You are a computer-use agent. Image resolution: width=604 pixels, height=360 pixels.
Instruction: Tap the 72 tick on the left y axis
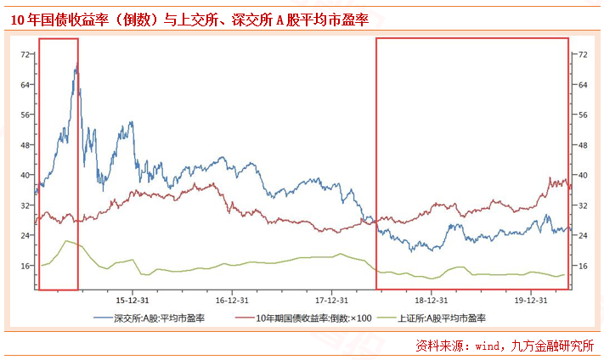click(x=25, y=54)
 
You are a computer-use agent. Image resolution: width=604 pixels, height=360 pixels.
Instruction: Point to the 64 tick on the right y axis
click(x=583, y=84)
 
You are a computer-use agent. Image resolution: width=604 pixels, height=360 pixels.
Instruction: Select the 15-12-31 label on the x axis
click(x=133, y=300)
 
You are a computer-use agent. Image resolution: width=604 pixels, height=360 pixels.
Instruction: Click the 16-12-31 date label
click(x=232, y=300)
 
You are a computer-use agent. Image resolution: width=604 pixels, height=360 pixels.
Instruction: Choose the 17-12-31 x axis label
click(x=331, y=300)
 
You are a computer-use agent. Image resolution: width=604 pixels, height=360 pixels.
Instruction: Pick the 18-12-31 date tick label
click(x=431, y=300)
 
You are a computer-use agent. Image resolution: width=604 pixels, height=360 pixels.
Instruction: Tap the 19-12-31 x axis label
click(x=530, y=300)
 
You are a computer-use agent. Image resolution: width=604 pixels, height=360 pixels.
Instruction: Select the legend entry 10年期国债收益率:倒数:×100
click(x=302, y=318)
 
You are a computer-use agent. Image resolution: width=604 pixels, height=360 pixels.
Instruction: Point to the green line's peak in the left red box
click(x=65, y=241)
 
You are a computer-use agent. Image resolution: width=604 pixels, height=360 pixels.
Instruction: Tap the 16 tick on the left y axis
click(x=25, y=266)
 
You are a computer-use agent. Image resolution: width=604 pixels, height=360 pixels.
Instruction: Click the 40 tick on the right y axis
click(x=583, y=175)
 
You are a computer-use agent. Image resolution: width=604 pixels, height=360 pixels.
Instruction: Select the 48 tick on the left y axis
click(x=25, y=145)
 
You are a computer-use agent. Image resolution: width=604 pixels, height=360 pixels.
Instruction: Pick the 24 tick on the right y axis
click(x=583, y=235)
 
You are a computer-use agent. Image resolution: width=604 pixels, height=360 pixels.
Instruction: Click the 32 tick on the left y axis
click(x=25, y=205)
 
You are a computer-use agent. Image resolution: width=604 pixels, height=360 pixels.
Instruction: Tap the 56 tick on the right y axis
click(x=583, y=115)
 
